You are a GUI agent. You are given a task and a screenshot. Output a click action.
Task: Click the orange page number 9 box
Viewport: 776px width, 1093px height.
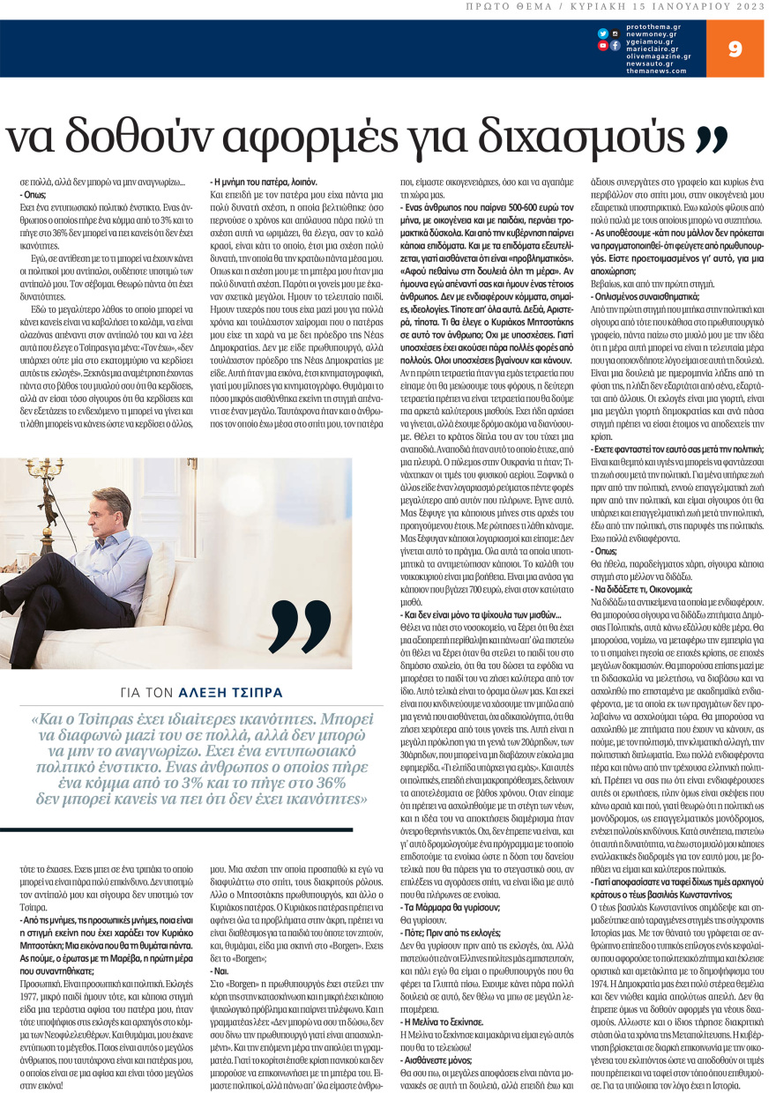(x=735, y=48)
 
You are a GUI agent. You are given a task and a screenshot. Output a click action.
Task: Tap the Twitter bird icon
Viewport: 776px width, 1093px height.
(x=603, y=33)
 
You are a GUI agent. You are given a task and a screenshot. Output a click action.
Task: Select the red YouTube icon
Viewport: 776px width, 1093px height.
(x=603, y=46)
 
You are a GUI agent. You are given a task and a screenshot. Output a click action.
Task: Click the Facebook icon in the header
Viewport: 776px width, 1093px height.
(x=616, y=46)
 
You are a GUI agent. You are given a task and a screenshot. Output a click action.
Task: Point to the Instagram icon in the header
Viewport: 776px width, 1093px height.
(x=616, y=33)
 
